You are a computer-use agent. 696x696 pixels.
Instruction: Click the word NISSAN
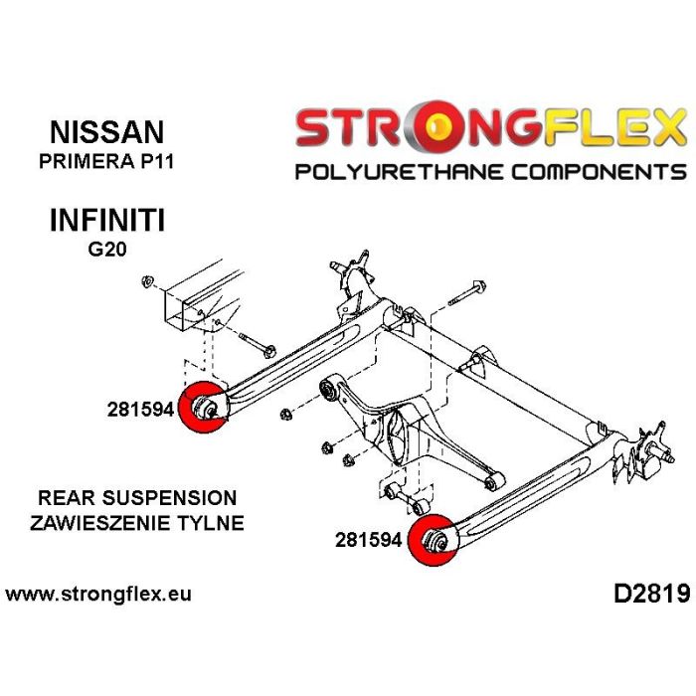107,132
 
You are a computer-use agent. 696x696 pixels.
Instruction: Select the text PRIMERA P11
106,161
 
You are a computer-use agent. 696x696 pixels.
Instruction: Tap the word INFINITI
107,220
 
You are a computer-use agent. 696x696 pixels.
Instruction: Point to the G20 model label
107,249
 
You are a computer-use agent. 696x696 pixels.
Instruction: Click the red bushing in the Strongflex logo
437,127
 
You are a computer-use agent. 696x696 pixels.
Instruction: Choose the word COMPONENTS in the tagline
600,171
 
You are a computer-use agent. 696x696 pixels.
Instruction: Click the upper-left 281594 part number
140,409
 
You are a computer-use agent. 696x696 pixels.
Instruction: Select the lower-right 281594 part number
368,540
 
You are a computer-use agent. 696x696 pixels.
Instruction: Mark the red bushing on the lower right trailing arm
433,540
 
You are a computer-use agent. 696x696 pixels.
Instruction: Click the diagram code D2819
652,594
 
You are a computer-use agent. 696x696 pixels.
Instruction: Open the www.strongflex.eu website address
98,594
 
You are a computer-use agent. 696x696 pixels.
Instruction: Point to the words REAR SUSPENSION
137,497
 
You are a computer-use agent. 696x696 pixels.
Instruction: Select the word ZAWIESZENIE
101,523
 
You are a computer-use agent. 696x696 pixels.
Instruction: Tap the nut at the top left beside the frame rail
147,281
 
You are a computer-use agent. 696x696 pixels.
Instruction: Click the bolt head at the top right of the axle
479,286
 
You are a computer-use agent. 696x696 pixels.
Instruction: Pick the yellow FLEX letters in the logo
614,127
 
